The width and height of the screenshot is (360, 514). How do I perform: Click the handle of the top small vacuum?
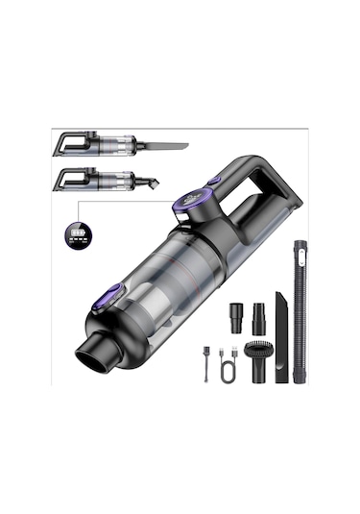71,142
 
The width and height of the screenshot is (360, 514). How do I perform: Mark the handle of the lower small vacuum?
70,176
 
